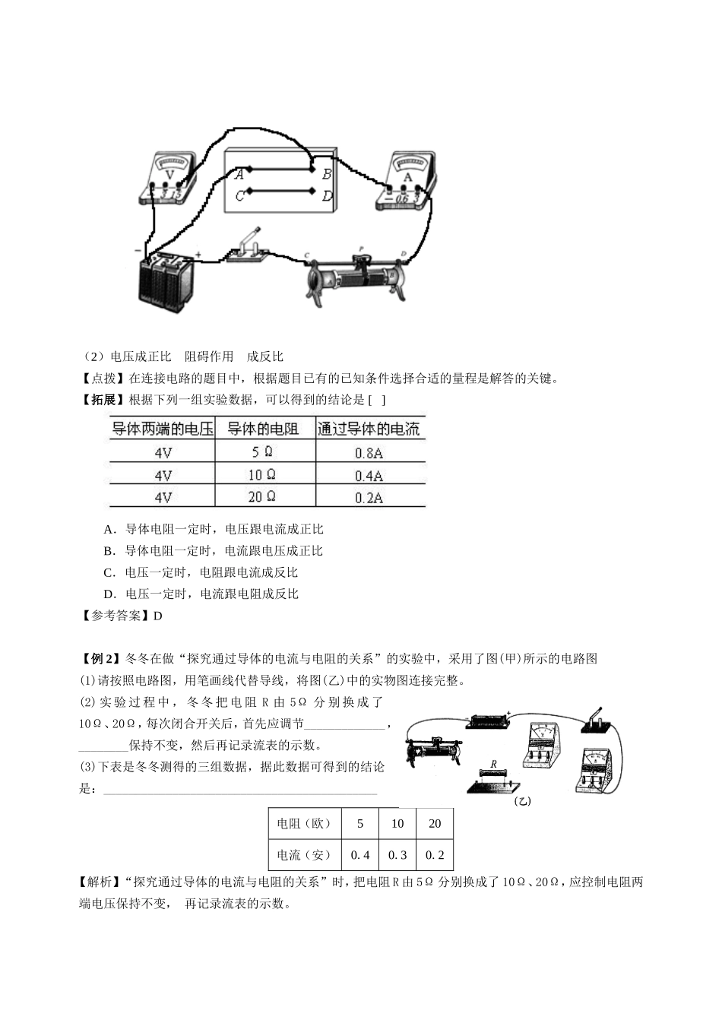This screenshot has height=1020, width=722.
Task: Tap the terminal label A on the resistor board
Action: point(239,173)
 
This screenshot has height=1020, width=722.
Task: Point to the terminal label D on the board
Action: point(327,195)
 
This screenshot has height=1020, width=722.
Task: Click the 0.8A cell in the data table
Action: point(369,453)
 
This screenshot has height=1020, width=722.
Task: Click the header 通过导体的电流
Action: point(369,429)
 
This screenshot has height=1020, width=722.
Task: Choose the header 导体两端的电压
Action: point(162,429)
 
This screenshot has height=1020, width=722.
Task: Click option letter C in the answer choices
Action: point(109,572)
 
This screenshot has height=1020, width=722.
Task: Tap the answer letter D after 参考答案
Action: point(158,616)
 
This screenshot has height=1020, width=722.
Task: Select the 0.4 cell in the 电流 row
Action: point(360,855)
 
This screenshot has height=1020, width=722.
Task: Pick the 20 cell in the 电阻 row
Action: point(435,823)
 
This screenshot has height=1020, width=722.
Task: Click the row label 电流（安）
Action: point(304,855)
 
